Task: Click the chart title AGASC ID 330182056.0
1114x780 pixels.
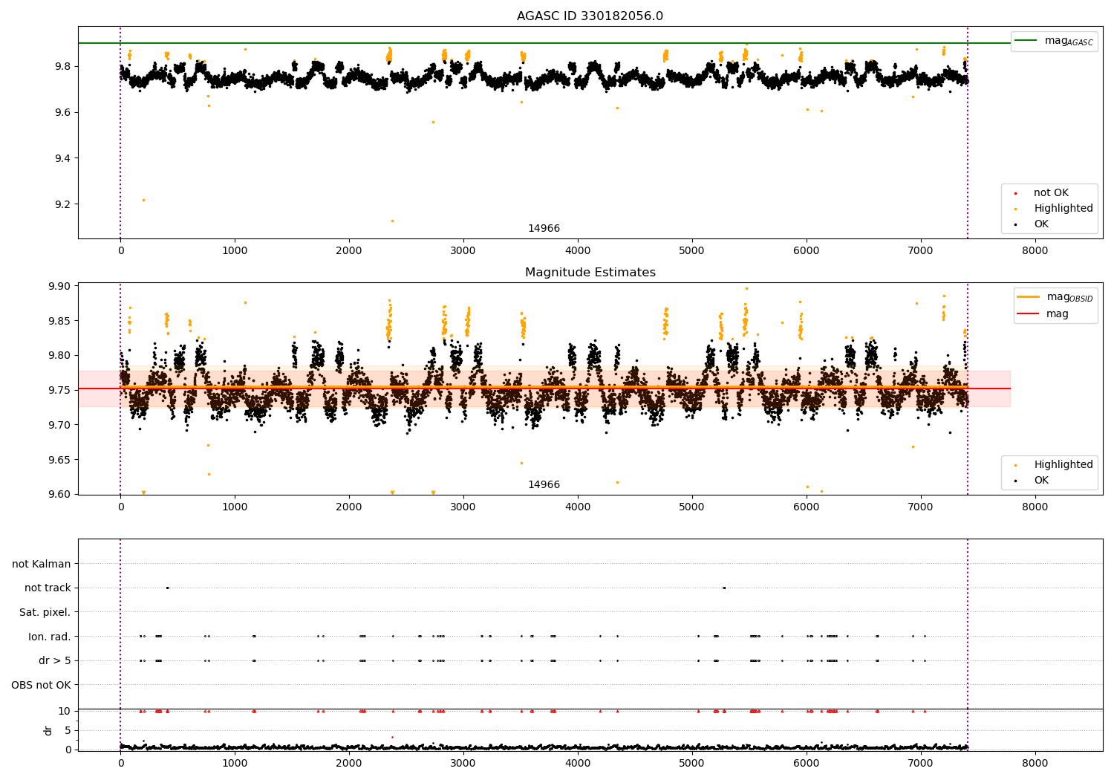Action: click(590, 16)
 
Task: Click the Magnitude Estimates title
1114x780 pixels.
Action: click(590, 273)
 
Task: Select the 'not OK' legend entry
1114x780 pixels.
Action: click(1050, 193)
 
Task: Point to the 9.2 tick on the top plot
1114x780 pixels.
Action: click(62, 204)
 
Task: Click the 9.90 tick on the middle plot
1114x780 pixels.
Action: click(59, 286)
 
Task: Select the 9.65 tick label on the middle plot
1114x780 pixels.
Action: click(59, 460)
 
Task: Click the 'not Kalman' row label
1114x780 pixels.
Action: click(42, 564)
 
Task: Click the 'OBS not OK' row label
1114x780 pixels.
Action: click(41, 685)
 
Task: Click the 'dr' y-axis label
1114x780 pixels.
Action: click(48, 730)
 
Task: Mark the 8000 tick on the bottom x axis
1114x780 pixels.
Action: click(1035, 763)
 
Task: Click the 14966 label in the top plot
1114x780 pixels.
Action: click(544, 229)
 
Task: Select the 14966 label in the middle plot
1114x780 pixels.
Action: click(544, 485)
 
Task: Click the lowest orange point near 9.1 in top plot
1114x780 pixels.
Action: click(392, 221)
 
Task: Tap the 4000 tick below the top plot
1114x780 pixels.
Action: click(578, 251)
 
